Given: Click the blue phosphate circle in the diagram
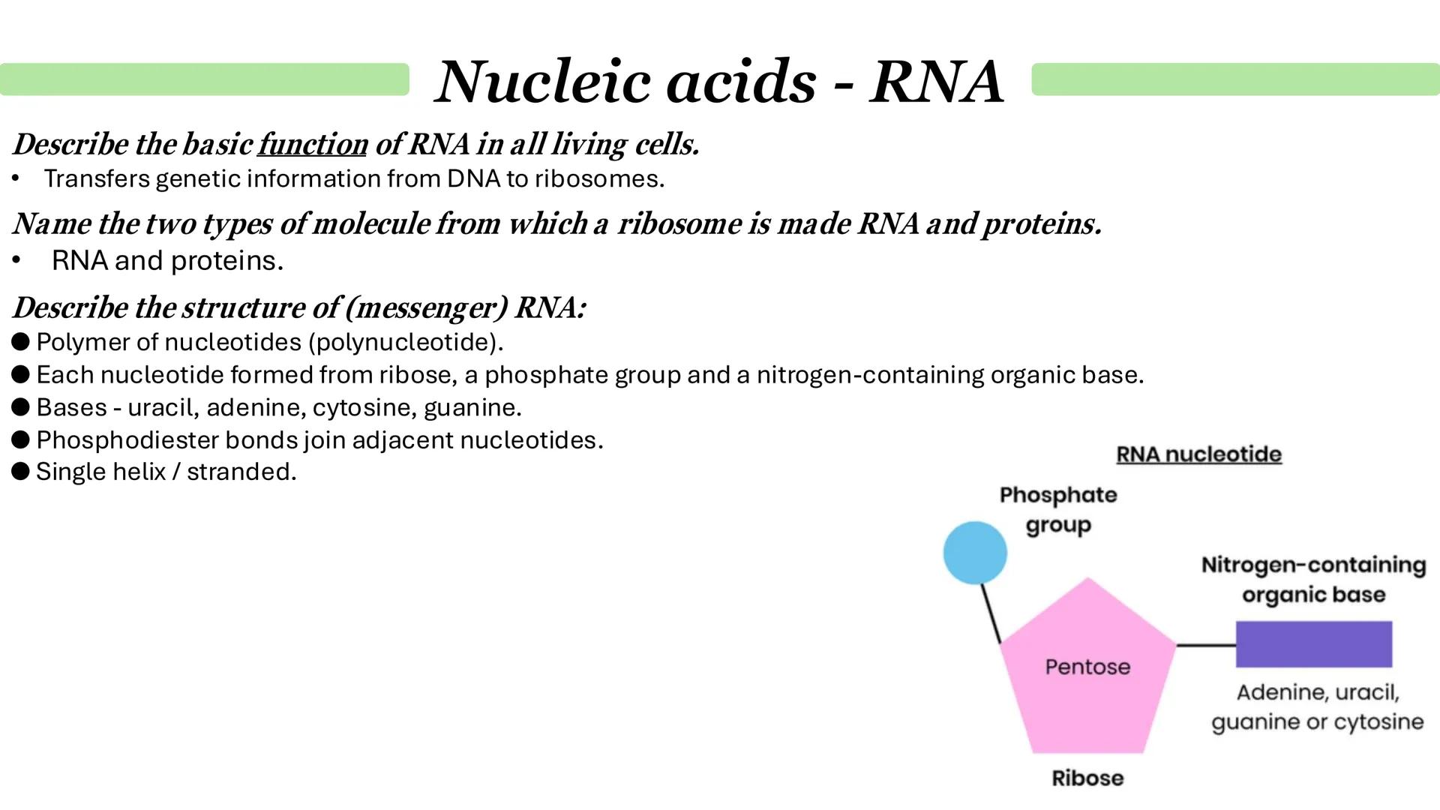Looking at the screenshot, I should tap(975, 553).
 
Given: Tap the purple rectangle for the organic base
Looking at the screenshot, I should tap(1313, 644).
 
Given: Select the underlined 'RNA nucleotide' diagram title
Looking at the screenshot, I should tap(1198, 454).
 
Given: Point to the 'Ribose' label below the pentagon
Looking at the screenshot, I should tap(1087, 778).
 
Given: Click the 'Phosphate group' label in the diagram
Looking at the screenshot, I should tap(1058, 510).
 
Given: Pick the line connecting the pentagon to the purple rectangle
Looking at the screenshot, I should tap(1206, 645).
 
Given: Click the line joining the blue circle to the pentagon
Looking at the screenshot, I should tap(991, 613).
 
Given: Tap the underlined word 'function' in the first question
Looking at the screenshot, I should tap(312, 145).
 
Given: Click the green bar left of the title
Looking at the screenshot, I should tap(204, 79).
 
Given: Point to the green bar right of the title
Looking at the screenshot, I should tap(1235, 79).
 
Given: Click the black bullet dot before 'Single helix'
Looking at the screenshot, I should tap(21, 471).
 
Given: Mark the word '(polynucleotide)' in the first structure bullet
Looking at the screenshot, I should tap(405, 343).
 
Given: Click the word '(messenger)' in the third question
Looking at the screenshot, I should tap(426, 308).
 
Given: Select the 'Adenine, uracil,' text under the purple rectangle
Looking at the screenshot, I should tap(1317, 692).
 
